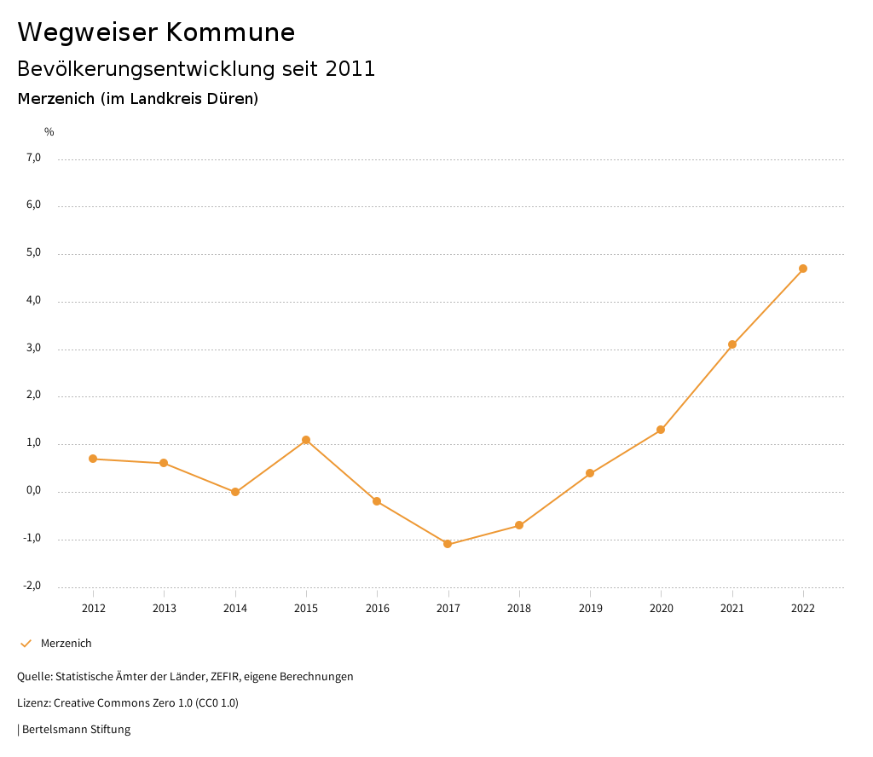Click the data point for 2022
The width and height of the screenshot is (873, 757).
[x=803, y=269]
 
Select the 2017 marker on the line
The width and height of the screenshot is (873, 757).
[x=448, y=544]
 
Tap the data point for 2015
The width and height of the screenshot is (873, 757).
[x=306, y=440]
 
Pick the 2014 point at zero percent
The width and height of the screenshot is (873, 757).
[x=235, y=492]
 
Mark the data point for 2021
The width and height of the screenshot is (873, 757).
[x=732, y=344]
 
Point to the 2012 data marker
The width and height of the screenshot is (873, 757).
[x=93, y=459]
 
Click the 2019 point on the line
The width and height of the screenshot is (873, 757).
[x=590, y=473]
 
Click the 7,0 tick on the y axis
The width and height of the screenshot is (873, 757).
[x=33, y=158]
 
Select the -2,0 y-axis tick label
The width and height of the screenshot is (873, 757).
[x=32, y=586]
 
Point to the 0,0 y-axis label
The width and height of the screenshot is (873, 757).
[x=33, y=491]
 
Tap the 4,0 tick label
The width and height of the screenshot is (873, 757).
[x=33, y=301]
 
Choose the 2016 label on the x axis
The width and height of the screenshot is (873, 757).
[x=378, y=608]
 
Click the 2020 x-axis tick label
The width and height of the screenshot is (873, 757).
[x=662, y=608]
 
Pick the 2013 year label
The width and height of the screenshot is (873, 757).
[x=165, y=608]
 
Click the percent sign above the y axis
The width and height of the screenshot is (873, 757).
[x=49, y=132]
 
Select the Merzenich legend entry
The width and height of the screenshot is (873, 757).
[x=66, y=644]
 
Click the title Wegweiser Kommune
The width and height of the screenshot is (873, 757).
[x=156, y=32]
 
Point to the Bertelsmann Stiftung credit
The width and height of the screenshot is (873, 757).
[x=75, y=730]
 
